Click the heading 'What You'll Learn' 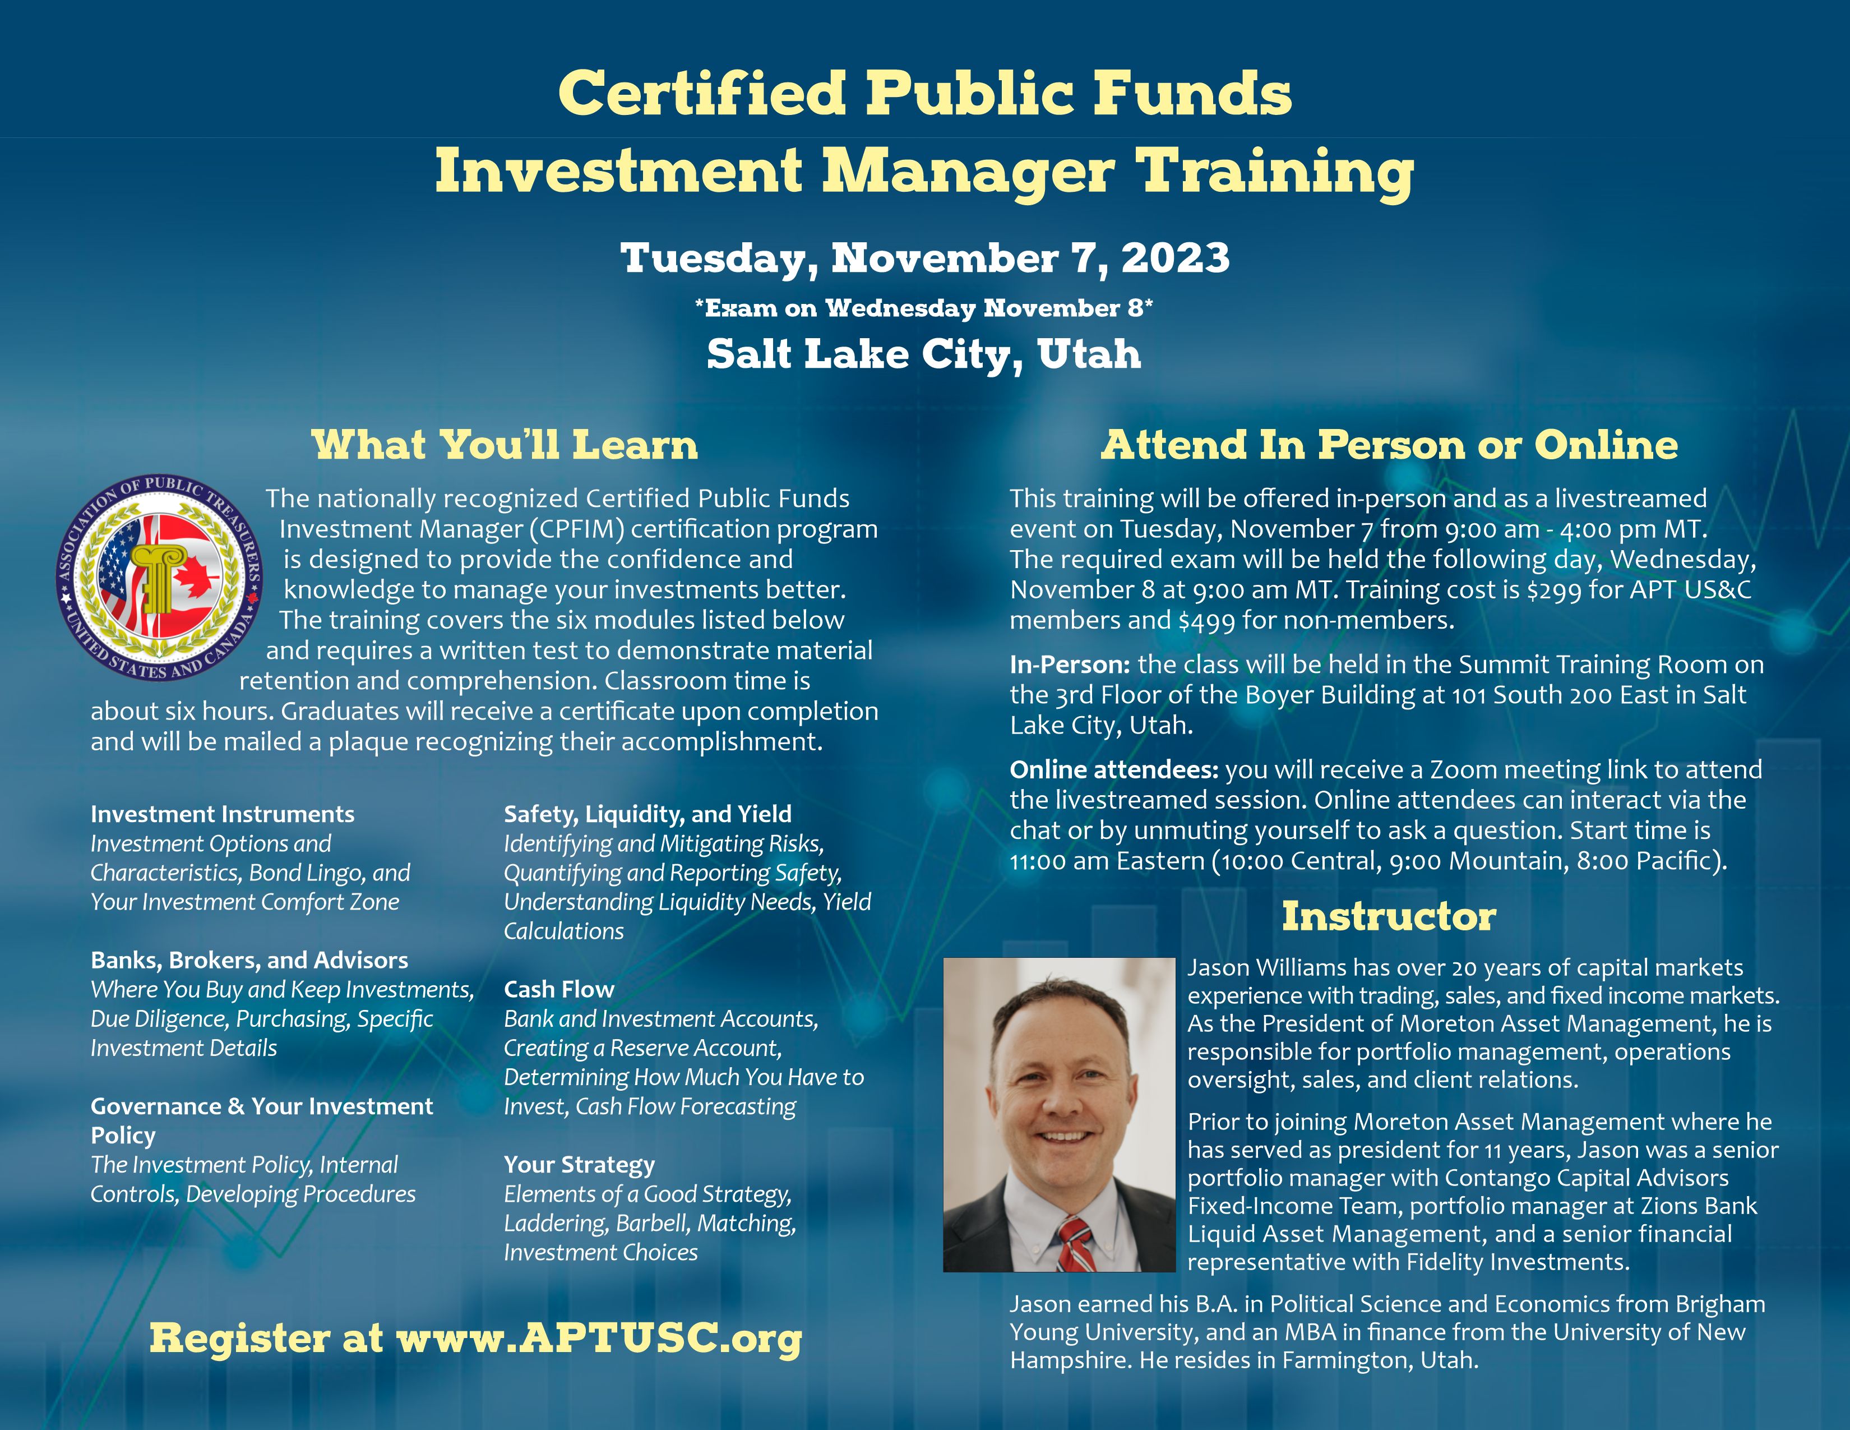(505, 445)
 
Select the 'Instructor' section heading (1389, 916)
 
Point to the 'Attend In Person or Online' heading (1389, 445)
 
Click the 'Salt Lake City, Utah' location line (924, 353)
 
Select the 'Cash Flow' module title (559, 989)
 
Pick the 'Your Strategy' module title (580, 1165)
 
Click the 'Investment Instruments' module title (223, 814)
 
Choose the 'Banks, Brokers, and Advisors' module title (249, 960)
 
